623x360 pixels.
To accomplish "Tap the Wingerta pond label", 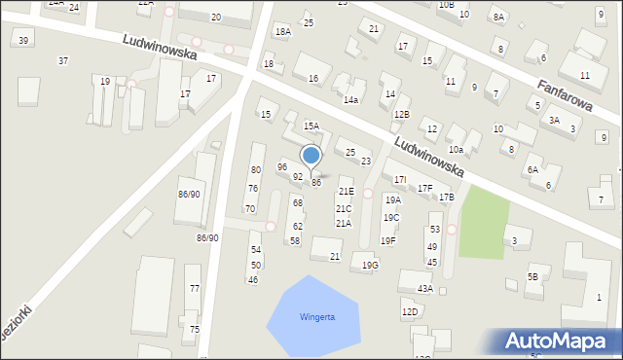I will [x=317, y=316].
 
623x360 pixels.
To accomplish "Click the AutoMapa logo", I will [x=561, y=342].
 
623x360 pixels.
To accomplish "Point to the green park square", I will [x=484, y=223].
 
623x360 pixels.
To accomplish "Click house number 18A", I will [x=282, y=31].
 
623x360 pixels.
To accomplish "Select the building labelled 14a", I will [x=351, y=99].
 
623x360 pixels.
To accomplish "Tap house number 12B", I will [x=401, y=115].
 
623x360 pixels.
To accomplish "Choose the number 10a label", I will [x=456, y=149].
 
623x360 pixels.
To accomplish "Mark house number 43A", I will [x=424, y=288].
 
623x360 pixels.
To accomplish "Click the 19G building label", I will [x=370, y=265].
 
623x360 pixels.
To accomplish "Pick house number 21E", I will [x=347, y=192].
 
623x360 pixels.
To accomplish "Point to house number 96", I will [x=282, y=167].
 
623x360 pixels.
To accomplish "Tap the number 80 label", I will [x=255, y=169].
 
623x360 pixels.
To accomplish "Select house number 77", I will [x=195, y=288].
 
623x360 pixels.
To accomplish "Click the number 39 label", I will [x=23, y=40].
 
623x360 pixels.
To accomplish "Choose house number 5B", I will [x=532, y=277].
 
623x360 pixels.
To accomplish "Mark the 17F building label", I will [x=424, y=188].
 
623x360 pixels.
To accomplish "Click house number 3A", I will [x=554, y=120].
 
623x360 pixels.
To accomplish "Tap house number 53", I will [x=435, y=229].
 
